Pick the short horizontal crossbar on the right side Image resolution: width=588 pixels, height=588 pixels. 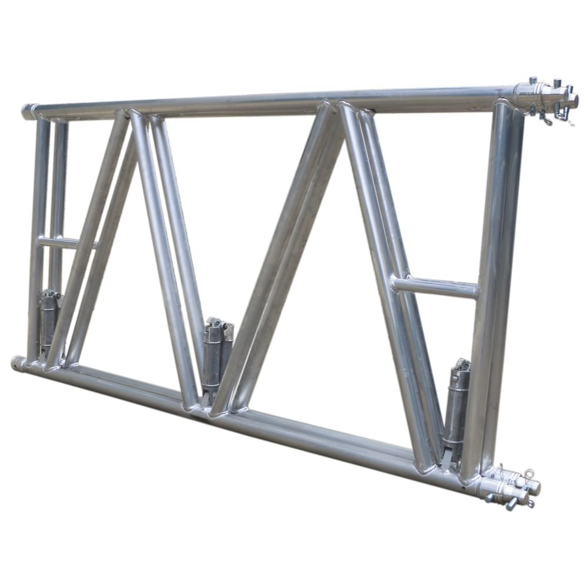[435, 287]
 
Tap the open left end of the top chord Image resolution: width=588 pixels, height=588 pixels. [28, 112]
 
